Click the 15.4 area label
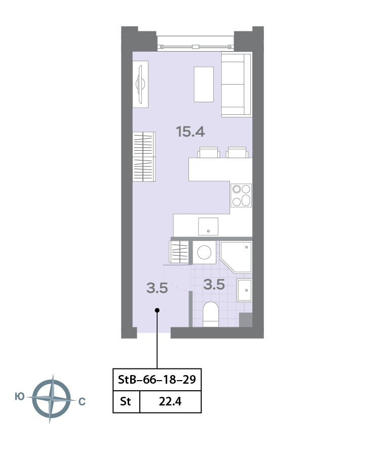tap(190, 132)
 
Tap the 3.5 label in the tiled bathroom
tap(214, 284)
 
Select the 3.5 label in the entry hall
tap(157, 288)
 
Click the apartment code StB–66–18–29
tap(157, 380)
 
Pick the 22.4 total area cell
tap(170, 401)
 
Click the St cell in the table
tap(126, 401)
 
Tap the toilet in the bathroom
tap(211, 314)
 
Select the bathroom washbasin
tap(245, 290)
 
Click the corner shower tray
tap(236, 257)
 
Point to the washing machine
tap(204, 252)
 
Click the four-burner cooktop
tap(241, 195)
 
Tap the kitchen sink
tap(208, 226)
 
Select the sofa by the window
tap(237, 85)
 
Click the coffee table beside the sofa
tap(204, 84)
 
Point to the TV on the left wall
tap(140, 84)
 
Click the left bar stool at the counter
tap(209, 152)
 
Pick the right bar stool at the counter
tap(237, 152)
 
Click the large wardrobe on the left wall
tap(144, 157)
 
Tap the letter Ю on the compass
tap(20, 397)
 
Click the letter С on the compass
tap(82, 401)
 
